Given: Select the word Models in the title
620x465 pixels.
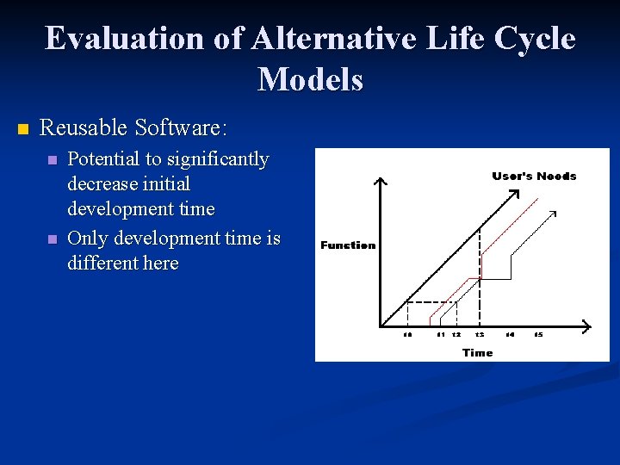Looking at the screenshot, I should (310, 79).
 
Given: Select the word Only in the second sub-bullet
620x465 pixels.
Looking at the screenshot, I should (85, 238).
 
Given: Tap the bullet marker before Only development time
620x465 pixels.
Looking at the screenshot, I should (53, 239).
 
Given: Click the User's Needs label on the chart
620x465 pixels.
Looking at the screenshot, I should (534, 176).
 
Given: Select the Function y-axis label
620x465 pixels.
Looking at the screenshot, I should (348, 245).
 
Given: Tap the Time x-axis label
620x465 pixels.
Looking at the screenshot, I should (477, 352).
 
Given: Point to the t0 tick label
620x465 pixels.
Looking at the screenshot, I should (408, 334).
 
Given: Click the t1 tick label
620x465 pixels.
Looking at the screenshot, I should (441, 334).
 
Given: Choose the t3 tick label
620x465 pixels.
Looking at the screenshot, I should (480, 334).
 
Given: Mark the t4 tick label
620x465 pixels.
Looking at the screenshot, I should (510, 334).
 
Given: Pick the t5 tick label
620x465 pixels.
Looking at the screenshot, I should (538, 334).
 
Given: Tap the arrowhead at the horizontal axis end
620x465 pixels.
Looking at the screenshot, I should (586, 326).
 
